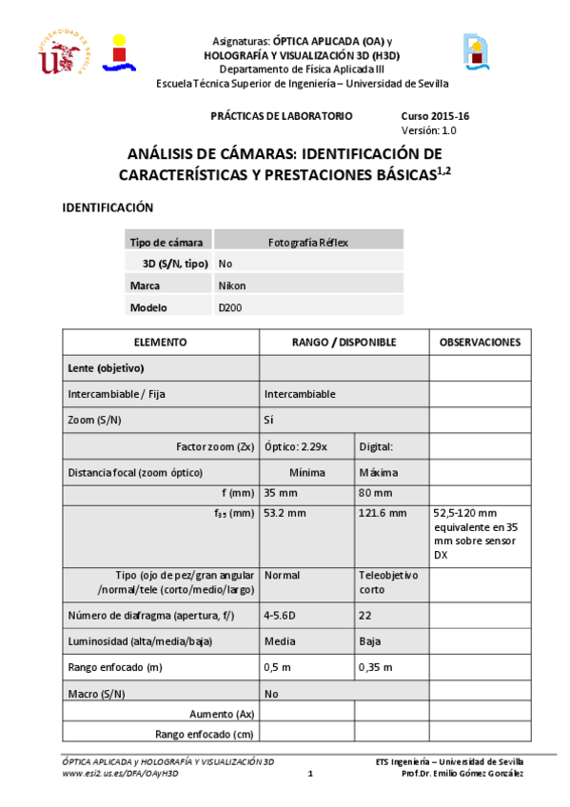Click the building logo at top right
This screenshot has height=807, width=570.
[x=477, y=52]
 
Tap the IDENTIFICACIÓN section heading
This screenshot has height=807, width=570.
[x=108, y=207]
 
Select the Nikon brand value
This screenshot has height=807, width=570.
[x=232, y=285]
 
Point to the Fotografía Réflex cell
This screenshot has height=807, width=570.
[x=308, y=242]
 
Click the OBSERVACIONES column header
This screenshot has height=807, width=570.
[x=480, y=342]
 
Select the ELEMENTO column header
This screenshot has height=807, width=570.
[x=160, y=342]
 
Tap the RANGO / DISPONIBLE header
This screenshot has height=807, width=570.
[x=344, y=342]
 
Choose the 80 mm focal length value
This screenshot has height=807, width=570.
[x=376, y=493]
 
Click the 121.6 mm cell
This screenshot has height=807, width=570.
[x=382, y=514]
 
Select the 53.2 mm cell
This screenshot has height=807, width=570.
[x=285, y=514]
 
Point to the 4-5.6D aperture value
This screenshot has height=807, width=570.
[x=284, y=615]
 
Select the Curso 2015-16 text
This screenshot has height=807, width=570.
[x=436, y=116]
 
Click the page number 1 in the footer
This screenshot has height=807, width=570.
[x=310, y=774]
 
